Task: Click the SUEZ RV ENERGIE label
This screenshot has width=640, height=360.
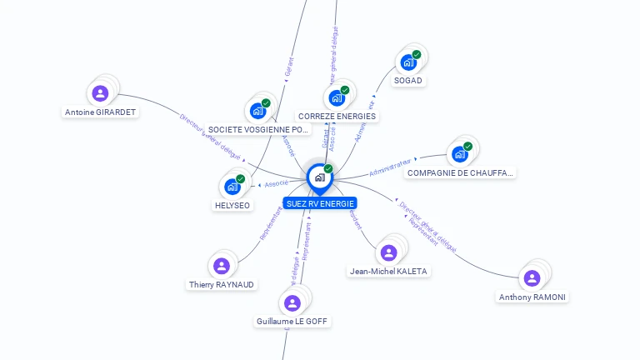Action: click(x=320, y=203)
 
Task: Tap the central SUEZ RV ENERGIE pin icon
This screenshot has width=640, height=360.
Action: click(x=319, y=177)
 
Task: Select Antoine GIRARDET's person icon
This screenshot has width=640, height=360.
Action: click(x=101, y=92)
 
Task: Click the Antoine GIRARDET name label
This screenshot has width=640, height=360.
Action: click(x=101, y=112)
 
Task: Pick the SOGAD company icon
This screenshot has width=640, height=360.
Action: click(x=408, y=62)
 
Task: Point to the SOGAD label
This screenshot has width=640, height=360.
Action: click(x=408, y=81)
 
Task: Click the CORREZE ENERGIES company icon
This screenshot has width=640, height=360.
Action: click(x=337, y=97)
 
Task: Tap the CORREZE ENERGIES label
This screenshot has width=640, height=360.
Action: click(x=337, y=117)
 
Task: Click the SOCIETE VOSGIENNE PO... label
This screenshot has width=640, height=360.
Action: click(x=258, y=130)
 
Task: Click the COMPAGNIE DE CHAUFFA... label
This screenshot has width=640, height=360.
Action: click(x=460, y=173)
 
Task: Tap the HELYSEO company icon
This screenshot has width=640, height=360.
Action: click(x=232, y=186)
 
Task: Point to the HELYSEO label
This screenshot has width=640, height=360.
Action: click(x=232, y=205)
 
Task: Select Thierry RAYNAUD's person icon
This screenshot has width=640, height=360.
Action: click(x=222, y=266)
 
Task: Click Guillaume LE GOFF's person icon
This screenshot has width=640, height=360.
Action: click(x=292, y=302)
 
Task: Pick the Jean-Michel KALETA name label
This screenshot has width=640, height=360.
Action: click(x=388, y=271)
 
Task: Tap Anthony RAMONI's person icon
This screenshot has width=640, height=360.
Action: click(x=532, y=277)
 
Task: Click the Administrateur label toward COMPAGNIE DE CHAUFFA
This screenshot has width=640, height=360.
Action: click(x=391, y=167)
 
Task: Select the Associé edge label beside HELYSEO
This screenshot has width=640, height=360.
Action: click(x=277, y=183)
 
